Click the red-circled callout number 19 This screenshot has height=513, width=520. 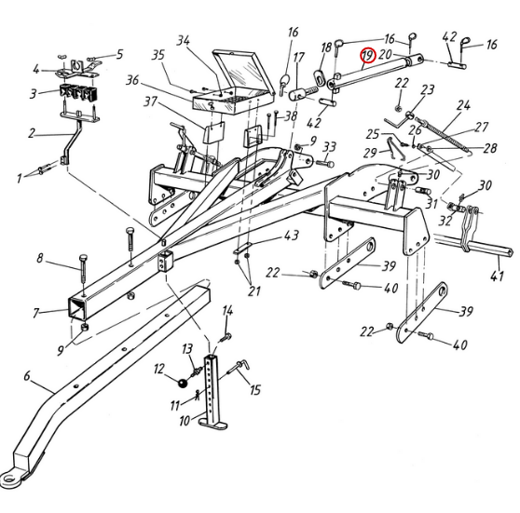(367, 56)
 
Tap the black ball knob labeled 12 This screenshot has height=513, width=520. (183, 383)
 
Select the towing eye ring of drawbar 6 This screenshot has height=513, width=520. (9, 479)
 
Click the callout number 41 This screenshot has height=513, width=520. (497, 275)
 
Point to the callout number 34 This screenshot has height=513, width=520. (184, 40)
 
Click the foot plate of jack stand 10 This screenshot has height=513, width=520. (212, 425)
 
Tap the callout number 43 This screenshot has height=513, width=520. (292, 236)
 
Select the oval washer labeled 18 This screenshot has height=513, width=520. (320, 77)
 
